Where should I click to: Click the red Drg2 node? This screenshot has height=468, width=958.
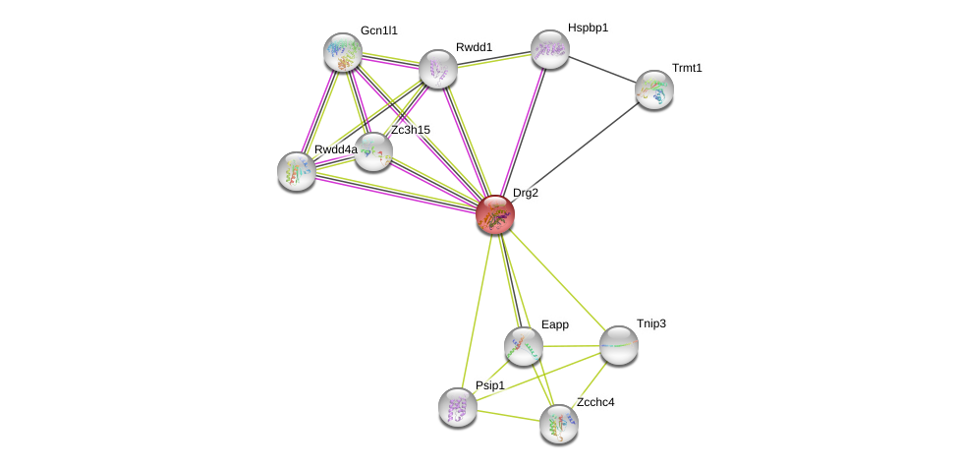point(495,213)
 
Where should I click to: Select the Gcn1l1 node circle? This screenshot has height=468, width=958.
point(343,52)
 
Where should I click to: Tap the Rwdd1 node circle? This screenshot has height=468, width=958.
point(438,69)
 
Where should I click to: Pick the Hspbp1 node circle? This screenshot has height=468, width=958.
point(550,49)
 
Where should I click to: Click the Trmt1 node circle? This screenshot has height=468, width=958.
point(654,89)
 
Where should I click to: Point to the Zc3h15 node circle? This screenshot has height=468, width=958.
point(373,151)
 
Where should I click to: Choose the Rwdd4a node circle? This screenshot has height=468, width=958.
point(297,171)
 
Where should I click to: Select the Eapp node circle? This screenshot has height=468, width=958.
point(524,346)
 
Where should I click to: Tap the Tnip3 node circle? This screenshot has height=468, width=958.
point(619,345)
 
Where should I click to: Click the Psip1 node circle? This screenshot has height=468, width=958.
point(458,407)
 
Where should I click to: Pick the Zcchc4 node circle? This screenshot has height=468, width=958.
point(559,424)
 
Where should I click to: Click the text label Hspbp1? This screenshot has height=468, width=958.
point(588,28)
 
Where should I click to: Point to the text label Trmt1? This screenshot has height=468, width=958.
point(687,68)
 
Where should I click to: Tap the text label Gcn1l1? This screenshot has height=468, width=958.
point(378,30)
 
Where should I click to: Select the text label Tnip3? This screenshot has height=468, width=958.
point(650,323)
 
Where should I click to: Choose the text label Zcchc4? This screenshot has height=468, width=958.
point(595,402)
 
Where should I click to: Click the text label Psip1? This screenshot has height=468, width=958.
point(489,385)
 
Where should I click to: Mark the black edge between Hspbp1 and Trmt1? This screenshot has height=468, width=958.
point(602,69)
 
